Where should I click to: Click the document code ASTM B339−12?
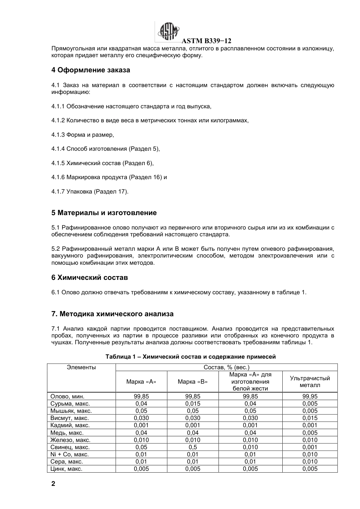tap(207, 41)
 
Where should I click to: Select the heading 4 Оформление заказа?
tap(91, 70)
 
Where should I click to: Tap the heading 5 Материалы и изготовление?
tap(104, 213)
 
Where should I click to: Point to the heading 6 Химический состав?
tap(89, 278)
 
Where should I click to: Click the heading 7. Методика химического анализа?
tap(112, 314)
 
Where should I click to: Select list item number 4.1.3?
tap(58, 134)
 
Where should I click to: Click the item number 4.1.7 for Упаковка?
tap(58, 191)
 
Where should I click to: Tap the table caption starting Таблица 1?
tap(191, 357)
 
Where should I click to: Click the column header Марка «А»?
tap(141, 382)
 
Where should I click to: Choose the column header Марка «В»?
tap(193, 382)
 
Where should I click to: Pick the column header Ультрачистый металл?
tap(310, 382)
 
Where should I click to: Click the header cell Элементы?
tap(81, 367)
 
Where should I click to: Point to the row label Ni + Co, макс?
tap(69, 454)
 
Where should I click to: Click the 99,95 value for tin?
tap(310, 397)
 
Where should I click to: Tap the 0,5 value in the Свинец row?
tap(193, 447)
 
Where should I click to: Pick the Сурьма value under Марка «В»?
tap(193, 404)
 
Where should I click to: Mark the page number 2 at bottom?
tap(53, 484)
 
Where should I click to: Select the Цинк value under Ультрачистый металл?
tap(310, 469)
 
